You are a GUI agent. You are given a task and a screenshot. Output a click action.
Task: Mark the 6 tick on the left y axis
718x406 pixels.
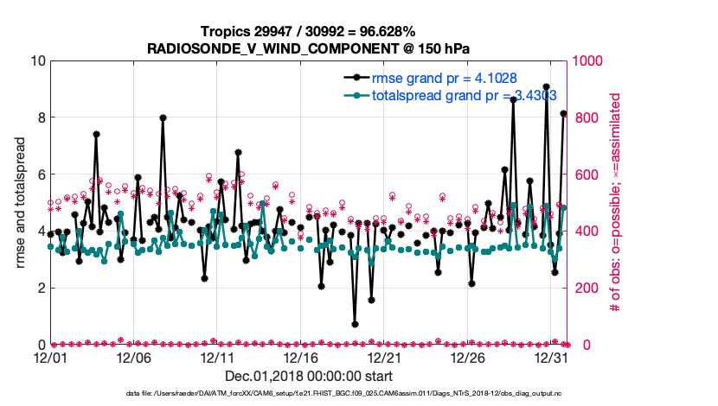coord(39,174)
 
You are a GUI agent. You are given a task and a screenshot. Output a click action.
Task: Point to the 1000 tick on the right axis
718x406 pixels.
coord(592,60)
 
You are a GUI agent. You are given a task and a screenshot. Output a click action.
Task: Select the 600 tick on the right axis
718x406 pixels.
coord(588,174)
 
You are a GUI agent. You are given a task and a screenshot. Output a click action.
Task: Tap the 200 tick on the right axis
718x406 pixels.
coord(588,288)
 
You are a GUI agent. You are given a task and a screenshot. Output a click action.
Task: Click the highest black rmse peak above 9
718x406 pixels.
coord(547,86)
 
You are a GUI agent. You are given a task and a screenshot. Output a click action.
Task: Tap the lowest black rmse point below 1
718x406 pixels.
coord(355,324)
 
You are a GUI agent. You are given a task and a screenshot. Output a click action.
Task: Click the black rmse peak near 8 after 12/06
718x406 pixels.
coord(163,117)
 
